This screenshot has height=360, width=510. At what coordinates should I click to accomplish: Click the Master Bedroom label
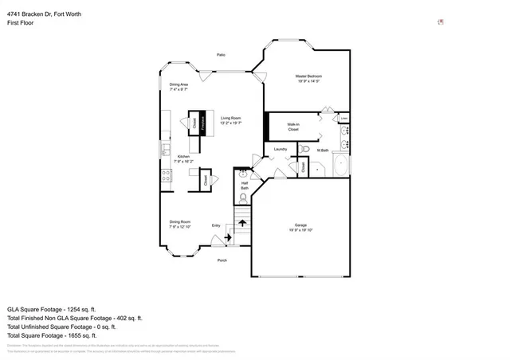pyautogui.click(x=308, y=78)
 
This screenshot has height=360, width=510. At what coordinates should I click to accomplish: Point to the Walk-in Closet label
pyautogui.click(x=293, y=127)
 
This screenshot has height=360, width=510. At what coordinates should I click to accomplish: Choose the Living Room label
pyautogui.click(x=231, y=120)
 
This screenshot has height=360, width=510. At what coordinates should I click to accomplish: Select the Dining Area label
pyautogui.click(x=178, y=86)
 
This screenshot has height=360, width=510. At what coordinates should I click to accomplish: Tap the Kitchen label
pyautogui.click(x=183, y=158)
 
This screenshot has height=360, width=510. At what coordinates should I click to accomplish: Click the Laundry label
pyautogui.click(x=280, y=149)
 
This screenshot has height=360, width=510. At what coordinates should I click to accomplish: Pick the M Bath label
pyautogui.click(x=323, y=150)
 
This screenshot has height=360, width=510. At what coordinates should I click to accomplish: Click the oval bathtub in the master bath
pyautogui.click(x=341, y=166)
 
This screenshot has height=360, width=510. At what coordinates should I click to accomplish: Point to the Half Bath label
pyautogui.click(x=245, y=186)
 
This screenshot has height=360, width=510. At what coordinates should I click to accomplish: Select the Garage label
pyautogui.click(x=301, y=229)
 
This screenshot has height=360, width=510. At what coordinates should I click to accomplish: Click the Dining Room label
pyautogui.click(x=179, y=224)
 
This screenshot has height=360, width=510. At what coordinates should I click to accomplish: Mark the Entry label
pyautogui.click(x=215, y=225)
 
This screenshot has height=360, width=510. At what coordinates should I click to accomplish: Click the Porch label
pyautogui.click(x=222, y=260)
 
